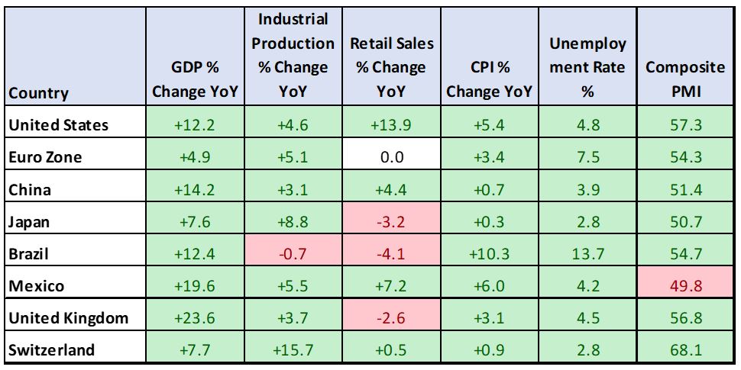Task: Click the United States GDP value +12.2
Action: [x=196, y=125]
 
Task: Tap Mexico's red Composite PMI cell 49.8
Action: [x=685, y=286]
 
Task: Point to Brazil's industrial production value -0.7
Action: [x=293, y=254]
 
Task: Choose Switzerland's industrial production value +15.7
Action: [x=293, y=350]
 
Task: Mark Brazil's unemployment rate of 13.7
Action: [x=587, y=254]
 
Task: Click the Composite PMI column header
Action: [x=685, y=79]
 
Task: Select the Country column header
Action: [x=39, y=94]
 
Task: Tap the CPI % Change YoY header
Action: [x=490, y=79]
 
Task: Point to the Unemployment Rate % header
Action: [x=587, y=67]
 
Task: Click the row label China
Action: [x=30, y=189]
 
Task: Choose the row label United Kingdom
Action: [x=67, y=318]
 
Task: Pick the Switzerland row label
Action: [x=52, y=350]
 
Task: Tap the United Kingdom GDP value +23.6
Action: [x=196, y=318]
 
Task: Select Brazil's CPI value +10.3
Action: [x=490, y=254]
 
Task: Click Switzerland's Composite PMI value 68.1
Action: [x=685, y=350]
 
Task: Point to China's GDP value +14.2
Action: [x=196, y=189]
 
